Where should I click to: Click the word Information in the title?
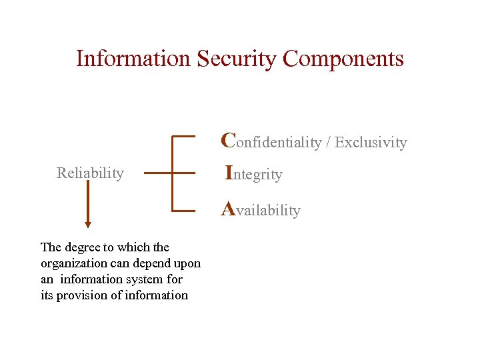[133, 59]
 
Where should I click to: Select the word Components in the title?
[343, 59]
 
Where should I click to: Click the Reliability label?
[90, 173]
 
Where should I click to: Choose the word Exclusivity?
[371, 142]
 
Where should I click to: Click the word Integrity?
[254, 175]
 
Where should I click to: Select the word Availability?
[261, 211]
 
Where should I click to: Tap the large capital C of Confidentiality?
[228, 140]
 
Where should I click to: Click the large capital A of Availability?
[228, 209]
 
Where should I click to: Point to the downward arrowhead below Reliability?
[88, 225]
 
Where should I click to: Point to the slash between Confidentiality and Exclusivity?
[328, 142]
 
